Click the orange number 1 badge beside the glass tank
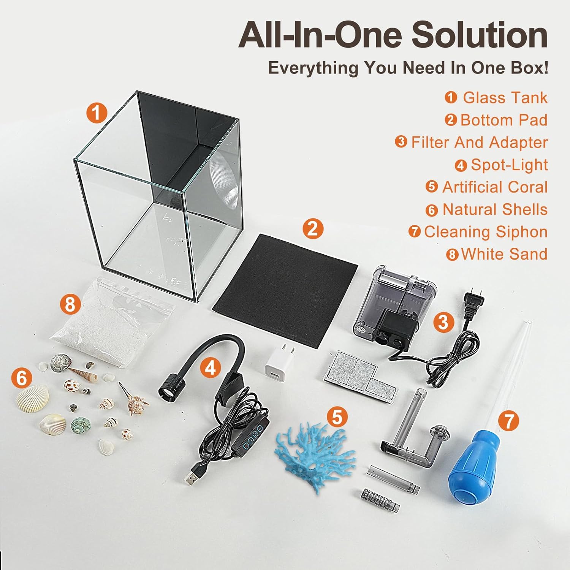[x=97, y=113]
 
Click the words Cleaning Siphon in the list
[x=485, y=232]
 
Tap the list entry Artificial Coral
[x=494, y=187]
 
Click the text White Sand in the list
[x=504, y=254]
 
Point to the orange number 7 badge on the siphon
[x=508, y=421]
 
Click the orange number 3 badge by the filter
[x=443, y=322]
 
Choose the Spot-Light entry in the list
[x=509, y=165]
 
